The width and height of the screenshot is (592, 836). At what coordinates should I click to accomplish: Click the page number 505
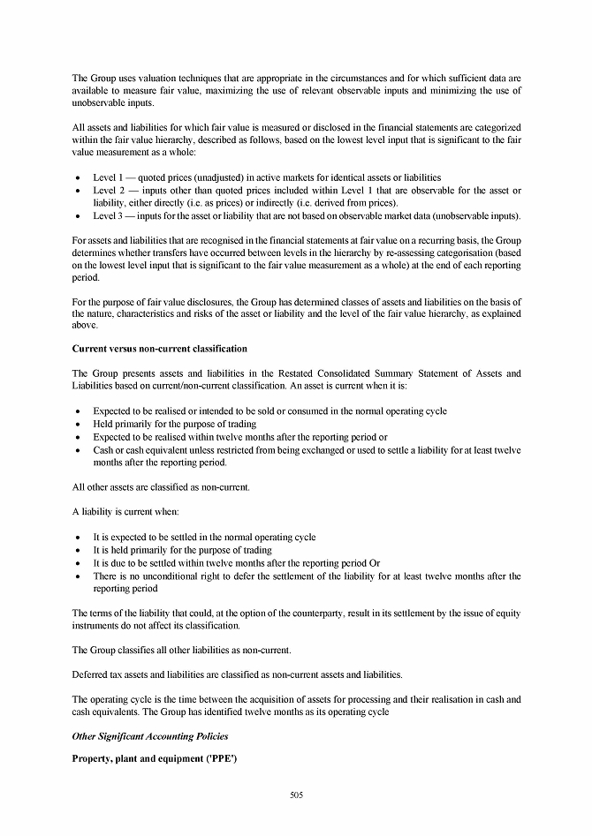tap(296, 795)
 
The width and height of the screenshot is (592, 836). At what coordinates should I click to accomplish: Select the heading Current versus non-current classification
tap(159, 349)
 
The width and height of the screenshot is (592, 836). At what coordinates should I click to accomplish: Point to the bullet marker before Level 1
tap(80, 178)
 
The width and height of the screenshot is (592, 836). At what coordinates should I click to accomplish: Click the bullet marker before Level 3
tap(80, 216)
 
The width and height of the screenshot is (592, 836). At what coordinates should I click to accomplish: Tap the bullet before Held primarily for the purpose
tap(80, 425)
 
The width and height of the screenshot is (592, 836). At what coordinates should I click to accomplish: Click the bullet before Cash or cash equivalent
tap(80, 450)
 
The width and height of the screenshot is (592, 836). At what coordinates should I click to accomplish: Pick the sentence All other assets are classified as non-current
tap(162, 486)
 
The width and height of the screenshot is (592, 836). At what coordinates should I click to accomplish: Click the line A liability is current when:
tap(125, 512)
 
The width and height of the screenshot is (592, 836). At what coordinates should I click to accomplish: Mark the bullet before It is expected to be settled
tap(80, 538)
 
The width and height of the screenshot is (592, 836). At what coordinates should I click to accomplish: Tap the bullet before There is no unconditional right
tap(80, 576)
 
